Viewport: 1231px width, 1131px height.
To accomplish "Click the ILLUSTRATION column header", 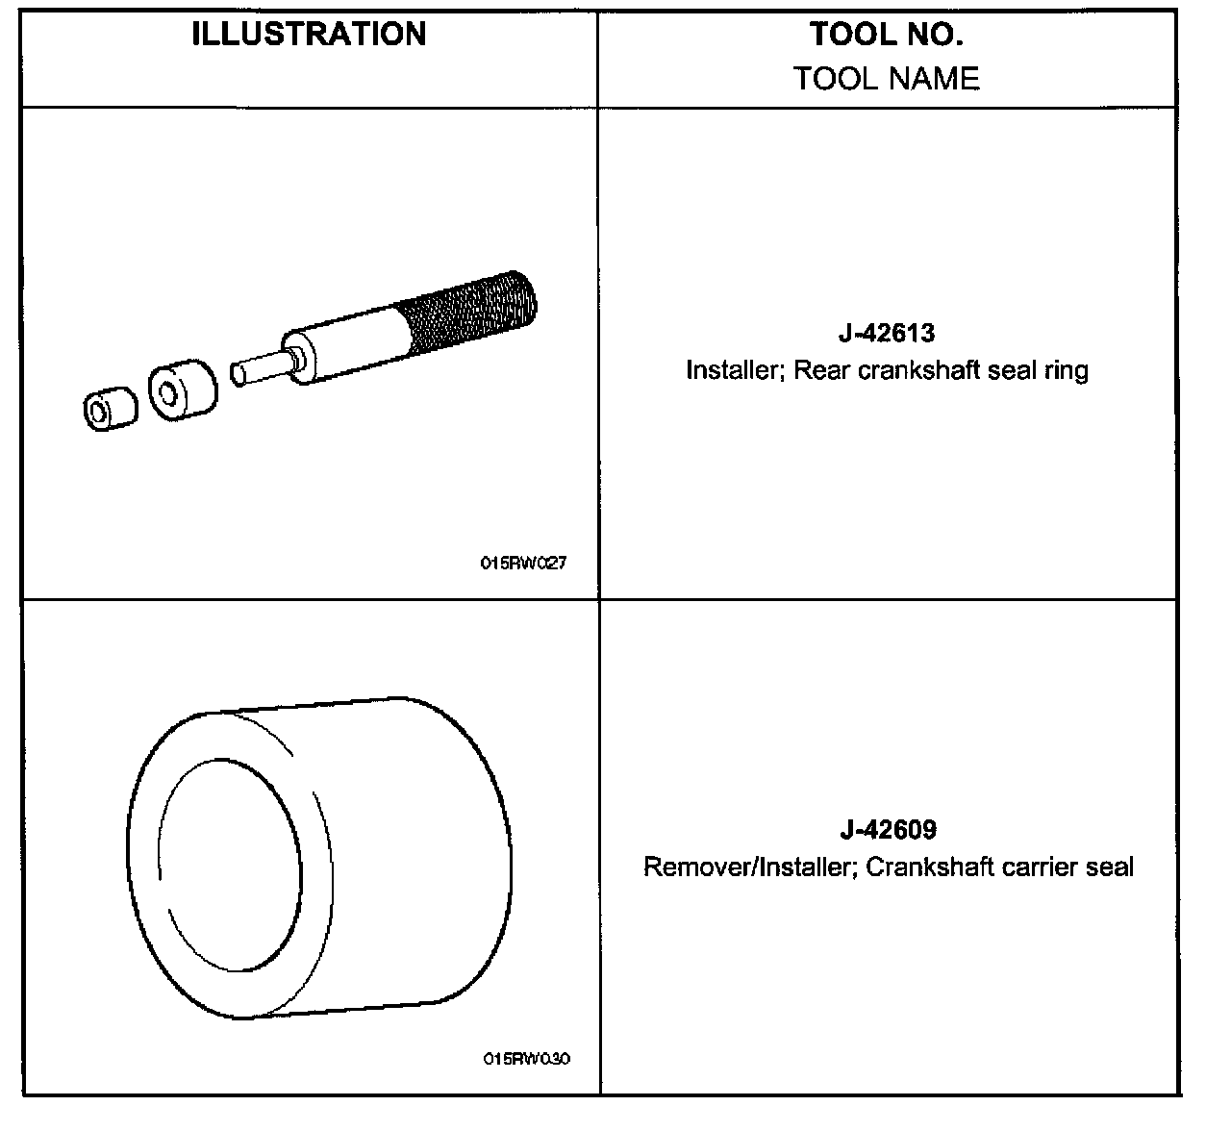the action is click(x=309, y=35).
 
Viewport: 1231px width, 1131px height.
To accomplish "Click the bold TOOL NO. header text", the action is click(x=886, y=35).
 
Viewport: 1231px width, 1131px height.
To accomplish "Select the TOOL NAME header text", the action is click(x=886, y=78).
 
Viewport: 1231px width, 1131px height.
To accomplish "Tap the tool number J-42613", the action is click(x=886, y=334).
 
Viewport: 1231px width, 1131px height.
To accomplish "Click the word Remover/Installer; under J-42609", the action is click(x=749, y=867).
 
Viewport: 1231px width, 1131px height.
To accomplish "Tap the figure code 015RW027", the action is click(x=523, y=564).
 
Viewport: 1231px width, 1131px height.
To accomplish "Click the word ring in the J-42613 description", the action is click(x=1068, y=370).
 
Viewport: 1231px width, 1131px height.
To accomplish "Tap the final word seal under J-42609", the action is click(x=1109, y=867).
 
